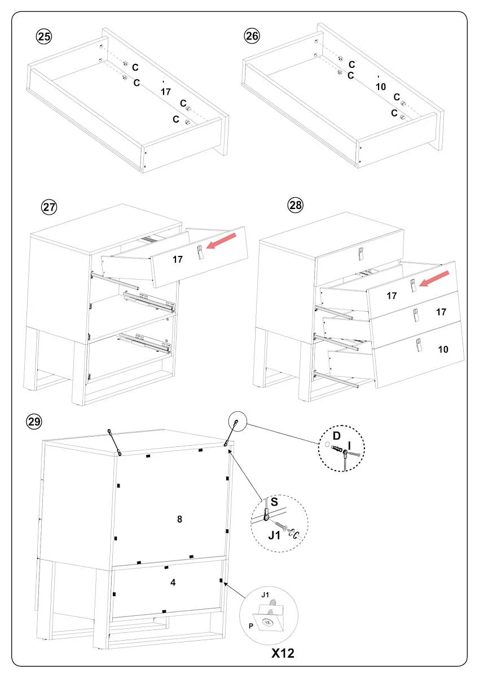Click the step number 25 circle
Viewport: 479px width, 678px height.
43,37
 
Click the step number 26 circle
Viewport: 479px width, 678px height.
252,36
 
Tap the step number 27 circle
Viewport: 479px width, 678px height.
50,207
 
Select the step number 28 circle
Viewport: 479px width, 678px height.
296,205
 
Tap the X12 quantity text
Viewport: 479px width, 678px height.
283,654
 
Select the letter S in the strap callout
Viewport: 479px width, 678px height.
274,501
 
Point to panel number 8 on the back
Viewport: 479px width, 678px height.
179,519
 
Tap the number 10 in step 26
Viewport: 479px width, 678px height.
380,86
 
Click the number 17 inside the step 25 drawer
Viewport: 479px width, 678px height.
165,91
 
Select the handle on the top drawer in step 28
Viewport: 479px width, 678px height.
361,255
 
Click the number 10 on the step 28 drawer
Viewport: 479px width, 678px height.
443,349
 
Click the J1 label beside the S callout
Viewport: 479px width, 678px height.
274,533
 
